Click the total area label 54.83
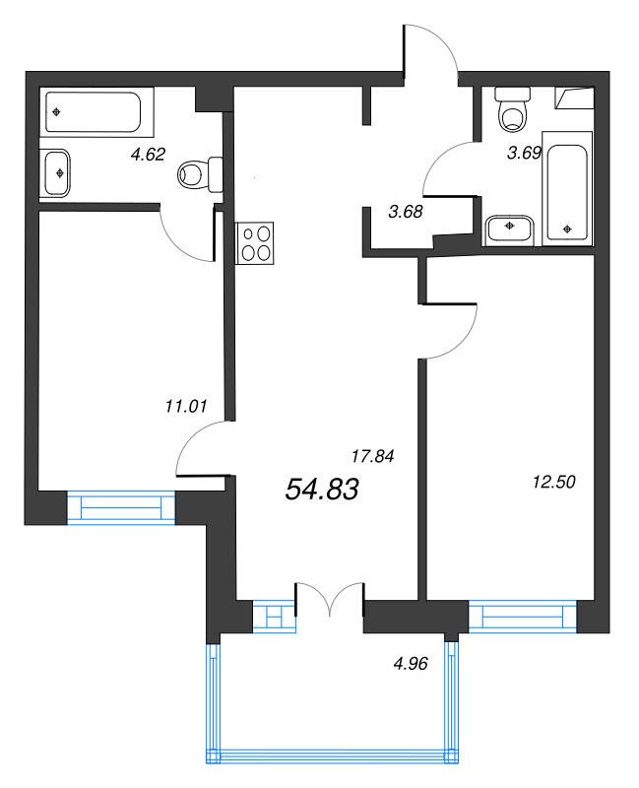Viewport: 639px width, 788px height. [322, 489]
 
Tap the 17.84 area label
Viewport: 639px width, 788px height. [373, 456]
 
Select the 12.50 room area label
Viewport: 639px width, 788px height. [553, 482]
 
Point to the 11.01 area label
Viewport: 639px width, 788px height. [186, 406]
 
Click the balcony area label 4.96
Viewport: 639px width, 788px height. [411, 664]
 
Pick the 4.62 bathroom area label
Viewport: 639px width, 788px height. [148, 154]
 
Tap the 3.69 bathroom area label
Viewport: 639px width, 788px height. [524, 153]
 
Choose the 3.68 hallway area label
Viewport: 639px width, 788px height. [406, 212]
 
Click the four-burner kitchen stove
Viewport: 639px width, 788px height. [255, 242]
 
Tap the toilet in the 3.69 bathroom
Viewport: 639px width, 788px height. [513, 109]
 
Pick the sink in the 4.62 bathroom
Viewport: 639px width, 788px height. [55, 173]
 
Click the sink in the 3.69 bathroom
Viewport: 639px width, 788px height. [510, 230]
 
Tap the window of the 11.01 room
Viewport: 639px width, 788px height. [120, 507]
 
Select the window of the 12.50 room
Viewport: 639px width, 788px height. [523, 617]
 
